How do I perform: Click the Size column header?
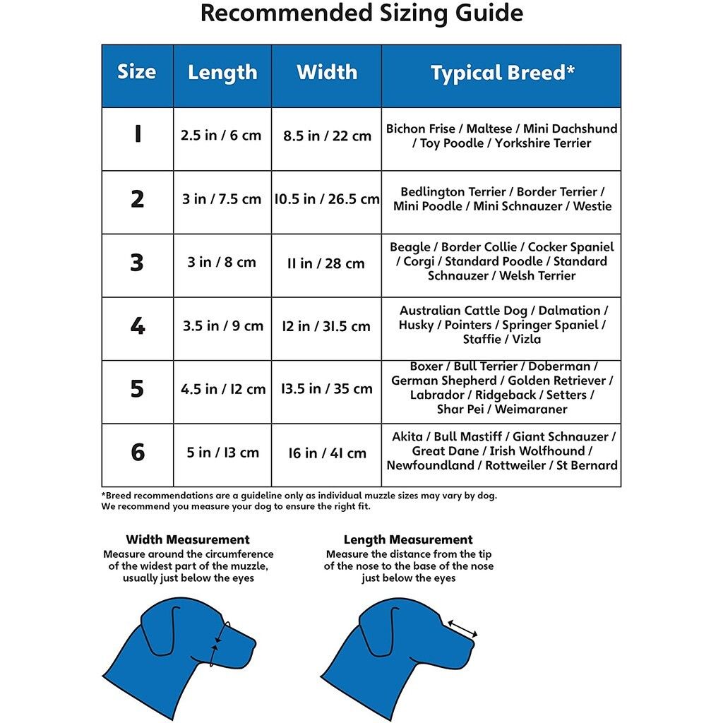(137, 72)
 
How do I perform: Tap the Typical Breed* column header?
(502, 73)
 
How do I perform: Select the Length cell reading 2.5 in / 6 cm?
(221, 135)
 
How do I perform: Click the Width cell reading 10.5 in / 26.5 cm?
(327, 199)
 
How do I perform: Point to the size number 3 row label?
(137, 263)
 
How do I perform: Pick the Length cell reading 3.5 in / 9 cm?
(222, 325)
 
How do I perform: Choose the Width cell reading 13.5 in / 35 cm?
(326, 388)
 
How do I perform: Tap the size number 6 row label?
(138, 453)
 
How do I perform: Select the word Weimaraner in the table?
(531, 410)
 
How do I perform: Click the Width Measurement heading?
(188, 540)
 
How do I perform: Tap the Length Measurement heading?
(408, 540)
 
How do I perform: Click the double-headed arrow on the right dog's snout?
(462, 628)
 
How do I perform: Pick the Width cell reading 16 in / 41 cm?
(327, 453)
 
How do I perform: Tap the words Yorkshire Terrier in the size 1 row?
(543, 143)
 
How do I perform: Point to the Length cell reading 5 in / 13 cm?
(222, 453)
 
